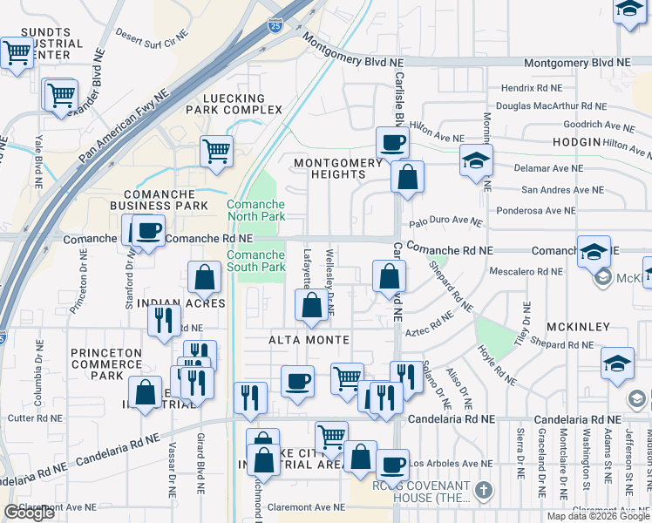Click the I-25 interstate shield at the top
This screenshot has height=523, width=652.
[275, 26]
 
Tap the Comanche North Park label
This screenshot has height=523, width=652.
[255, 210]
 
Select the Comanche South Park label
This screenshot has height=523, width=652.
[255, 261]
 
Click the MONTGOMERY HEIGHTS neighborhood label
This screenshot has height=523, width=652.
[338, 168]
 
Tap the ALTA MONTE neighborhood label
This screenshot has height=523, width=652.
[309, 339]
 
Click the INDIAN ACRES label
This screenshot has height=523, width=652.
[187, 303]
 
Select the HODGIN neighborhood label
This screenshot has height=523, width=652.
[576, 142]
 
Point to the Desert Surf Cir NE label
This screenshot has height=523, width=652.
[152, 37]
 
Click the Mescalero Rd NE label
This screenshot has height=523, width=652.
[527, 270]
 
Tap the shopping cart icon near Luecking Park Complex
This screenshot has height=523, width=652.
[216, 151]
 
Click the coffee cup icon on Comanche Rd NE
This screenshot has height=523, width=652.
[148, 231]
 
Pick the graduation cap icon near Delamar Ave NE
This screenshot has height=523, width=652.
[477, 161]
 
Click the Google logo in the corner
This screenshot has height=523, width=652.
[29, 513]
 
